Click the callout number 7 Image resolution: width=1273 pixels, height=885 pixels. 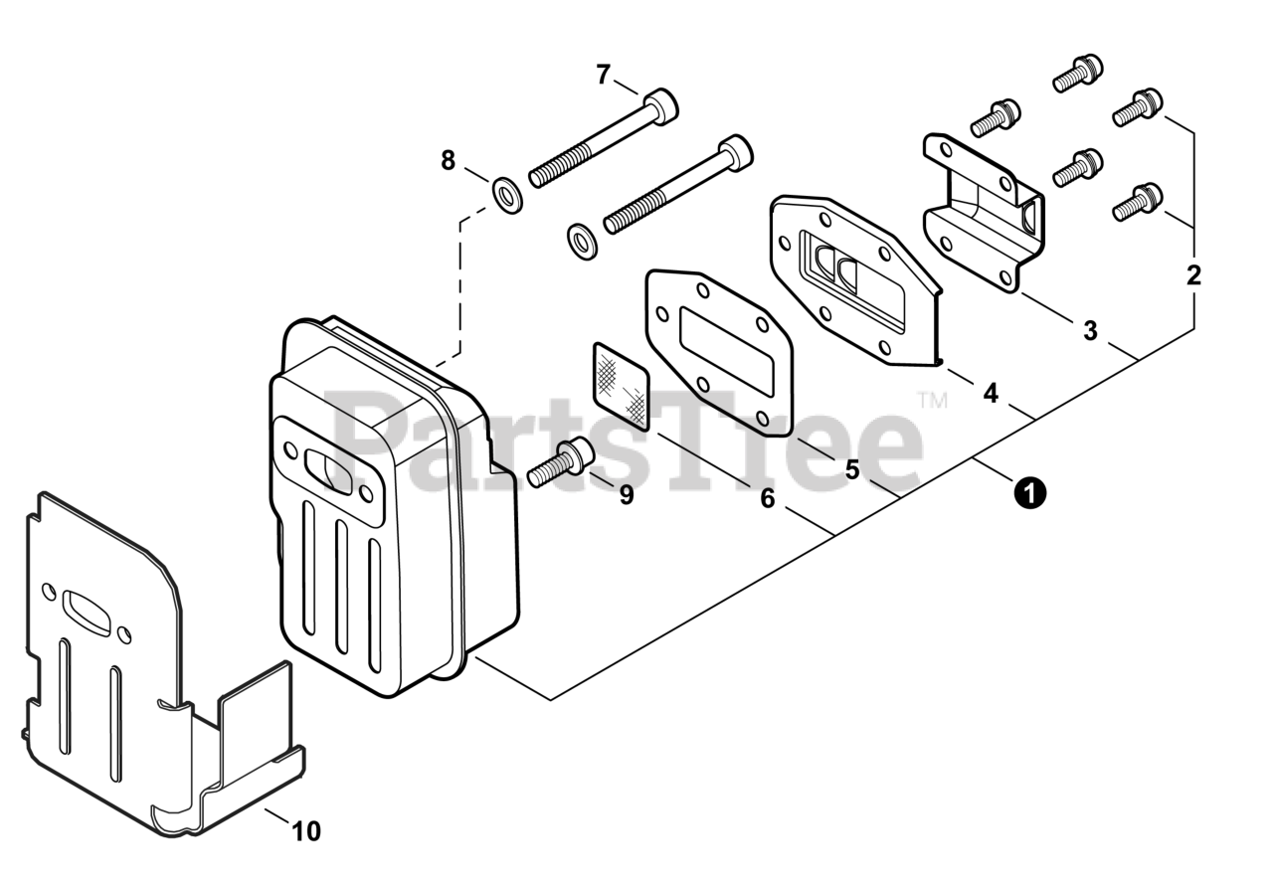pos(603,74)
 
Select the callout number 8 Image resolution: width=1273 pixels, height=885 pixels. pos(448,159)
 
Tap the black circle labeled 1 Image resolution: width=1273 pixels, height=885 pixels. pos(1030,491)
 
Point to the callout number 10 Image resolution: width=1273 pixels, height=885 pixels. pos(307,830)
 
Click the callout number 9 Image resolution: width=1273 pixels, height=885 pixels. pos(626,494)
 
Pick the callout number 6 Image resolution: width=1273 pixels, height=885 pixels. pos(767,498)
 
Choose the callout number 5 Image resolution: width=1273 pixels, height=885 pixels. pos(852,469)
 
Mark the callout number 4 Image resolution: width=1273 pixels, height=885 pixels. pos(990,394)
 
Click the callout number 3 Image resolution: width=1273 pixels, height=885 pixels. pos(1090,330)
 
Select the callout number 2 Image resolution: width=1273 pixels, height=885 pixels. pos(1193,275)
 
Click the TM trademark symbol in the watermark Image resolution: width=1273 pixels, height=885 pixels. pos(933,401)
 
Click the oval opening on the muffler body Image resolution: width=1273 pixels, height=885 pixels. pos(325,466)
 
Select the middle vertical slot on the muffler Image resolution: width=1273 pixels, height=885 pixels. pos(342,587)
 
